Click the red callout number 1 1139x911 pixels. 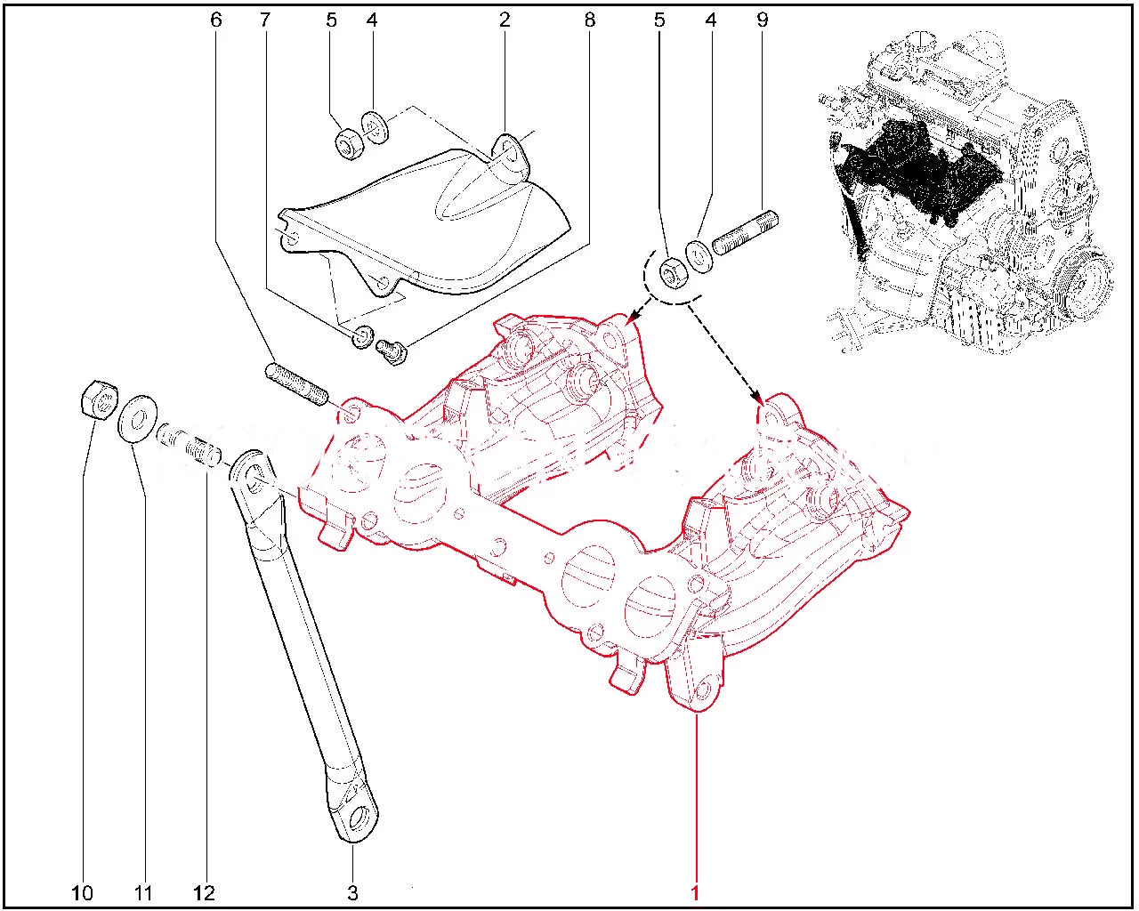point(695,893)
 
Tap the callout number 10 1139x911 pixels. point(82,893)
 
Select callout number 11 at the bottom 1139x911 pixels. point(143,893)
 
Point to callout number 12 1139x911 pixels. point(205,893)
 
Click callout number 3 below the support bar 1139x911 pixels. point(352,893)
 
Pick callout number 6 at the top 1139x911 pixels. point(216,20)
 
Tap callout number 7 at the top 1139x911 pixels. point(265,20)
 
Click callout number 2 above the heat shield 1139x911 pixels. point(505,20)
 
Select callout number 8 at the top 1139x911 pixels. point(590,20)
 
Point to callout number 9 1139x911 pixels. point(763,20)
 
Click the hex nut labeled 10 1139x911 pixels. point(100,399)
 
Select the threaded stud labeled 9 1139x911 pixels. point(745,233)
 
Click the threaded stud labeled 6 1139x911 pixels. point(297,383)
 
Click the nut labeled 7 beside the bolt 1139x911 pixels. point(362,337)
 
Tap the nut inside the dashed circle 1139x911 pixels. point(674,273)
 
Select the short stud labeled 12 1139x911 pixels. point(190,445)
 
